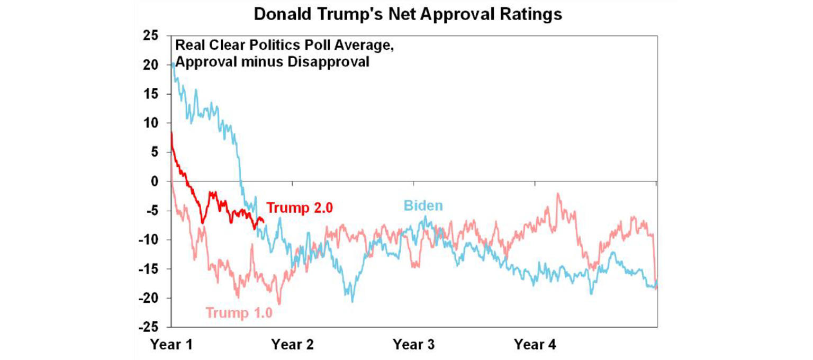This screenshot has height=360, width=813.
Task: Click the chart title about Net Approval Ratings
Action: (408, 14)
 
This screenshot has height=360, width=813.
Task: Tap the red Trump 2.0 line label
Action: (299, 208)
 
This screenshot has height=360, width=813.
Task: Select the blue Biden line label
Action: (423, 205)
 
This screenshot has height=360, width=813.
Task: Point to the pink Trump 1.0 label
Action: (239, 312)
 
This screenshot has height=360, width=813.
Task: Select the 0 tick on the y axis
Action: (155, 182)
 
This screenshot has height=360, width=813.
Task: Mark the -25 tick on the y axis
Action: (149, 327)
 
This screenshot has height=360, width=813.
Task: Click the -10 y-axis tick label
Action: (149, 240)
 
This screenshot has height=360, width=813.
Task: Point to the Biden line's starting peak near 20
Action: (173, 64)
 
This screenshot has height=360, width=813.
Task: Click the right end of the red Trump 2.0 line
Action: (263, 223)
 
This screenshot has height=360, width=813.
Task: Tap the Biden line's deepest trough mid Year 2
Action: (353, 302)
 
